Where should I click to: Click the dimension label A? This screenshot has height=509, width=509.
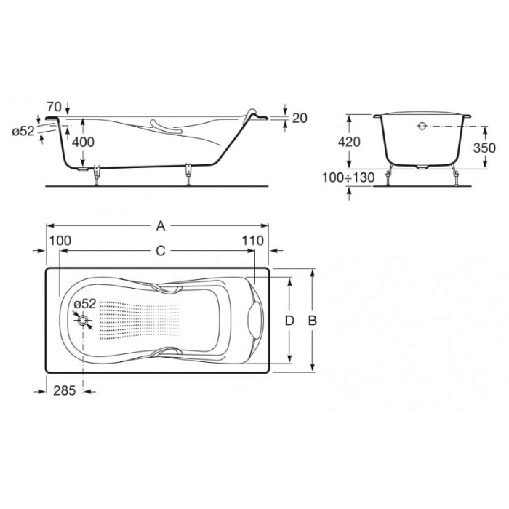click(161, 225)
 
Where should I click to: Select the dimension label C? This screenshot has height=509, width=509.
click(161, 251)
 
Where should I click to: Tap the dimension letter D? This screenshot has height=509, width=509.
click(289, 321)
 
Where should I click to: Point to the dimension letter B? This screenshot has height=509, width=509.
click(312, 321)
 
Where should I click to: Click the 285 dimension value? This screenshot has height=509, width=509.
click(64, 390)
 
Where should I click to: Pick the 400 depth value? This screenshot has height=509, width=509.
click(83, 142)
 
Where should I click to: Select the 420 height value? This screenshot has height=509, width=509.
click(349, 142)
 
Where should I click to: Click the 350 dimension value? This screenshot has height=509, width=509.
click(484, 148)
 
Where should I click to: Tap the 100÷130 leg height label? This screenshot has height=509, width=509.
click(348, 177)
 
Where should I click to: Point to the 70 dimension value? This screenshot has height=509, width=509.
click(54, 106)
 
